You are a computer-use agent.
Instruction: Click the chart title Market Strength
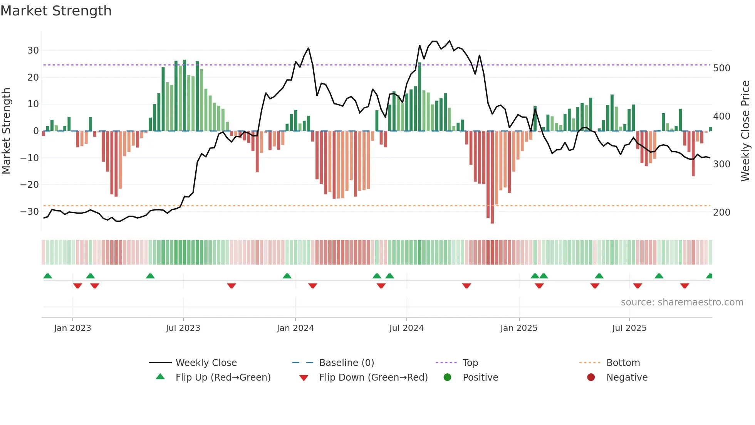click(56, 11)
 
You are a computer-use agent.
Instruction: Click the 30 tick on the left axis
click(33, 51)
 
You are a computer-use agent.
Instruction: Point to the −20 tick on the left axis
click(30, 185)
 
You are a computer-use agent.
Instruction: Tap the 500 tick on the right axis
click(721, 68)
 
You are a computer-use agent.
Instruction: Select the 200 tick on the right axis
click(721, 212)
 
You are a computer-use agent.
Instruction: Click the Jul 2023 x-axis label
click(183, 328)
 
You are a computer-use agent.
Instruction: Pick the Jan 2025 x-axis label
click(518, 328)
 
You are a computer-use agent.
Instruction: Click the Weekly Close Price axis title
click(745, 131)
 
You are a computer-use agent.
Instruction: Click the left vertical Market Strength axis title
click(6, 131)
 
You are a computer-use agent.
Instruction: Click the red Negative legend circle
click(591, 378)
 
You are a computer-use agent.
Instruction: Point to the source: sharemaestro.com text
click(682, 302)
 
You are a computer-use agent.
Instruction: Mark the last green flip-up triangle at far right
click(710, 276)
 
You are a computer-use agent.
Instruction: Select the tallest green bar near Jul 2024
click(419, 96)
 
